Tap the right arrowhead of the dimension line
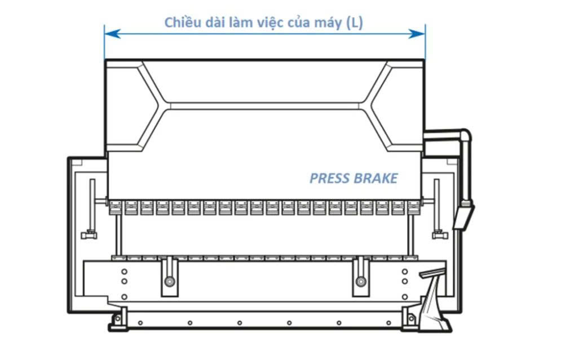(x=417, y=34)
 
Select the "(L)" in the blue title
(x=355, y=23)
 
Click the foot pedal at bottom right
(x=435, y=300)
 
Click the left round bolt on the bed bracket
(x=169, y=281)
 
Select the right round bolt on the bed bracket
(x=361, y=281)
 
